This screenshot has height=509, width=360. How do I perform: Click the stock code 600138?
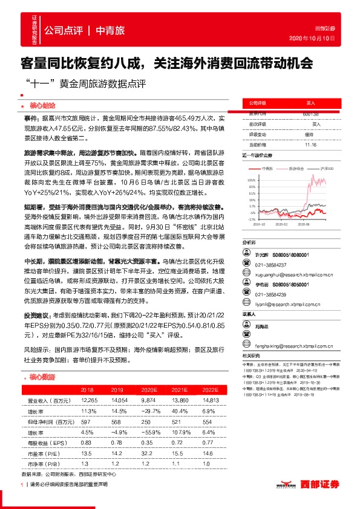pos(310,114)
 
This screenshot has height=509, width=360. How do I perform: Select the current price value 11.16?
pos(310,144)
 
